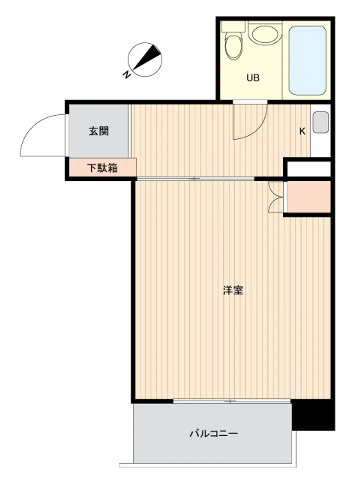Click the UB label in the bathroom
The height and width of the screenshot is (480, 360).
(x=253, y=78)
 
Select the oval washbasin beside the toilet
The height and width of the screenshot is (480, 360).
(x=265, y=35)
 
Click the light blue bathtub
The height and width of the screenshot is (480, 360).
(x=307, y=60)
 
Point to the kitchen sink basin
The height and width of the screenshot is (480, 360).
(x=321, y=122)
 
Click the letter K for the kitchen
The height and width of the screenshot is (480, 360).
(x=302, y=132)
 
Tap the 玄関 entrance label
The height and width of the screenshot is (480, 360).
(x=98, y=131)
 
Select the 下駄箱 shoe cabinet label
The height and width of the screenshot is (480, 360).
(x=102, y=168)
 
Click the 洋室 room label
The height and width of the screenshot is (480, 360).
(x=233, y=290)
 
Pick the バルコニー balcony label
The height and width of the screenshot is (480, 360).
(x=214, y=433)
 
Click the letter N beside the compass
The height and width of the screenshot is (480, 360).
(x=126, y=74)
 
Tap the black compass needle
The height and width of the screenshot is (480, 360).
(x=146, y=58)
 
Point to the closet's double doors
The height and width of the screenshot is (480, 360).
(x=276, y=197)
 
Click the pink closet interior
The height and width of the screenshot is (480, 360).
(x=309, y=197)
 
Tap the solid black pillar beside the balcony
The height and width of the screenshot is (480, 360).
(x=312, y=415)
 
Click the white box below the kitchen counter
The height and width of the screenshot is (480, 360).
(x=309, y=169)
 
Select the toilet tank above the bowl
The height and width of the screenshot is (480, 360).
(x=234, y=26)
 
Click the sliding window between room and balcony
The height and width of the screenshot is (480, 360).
(x=232, y=401)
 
